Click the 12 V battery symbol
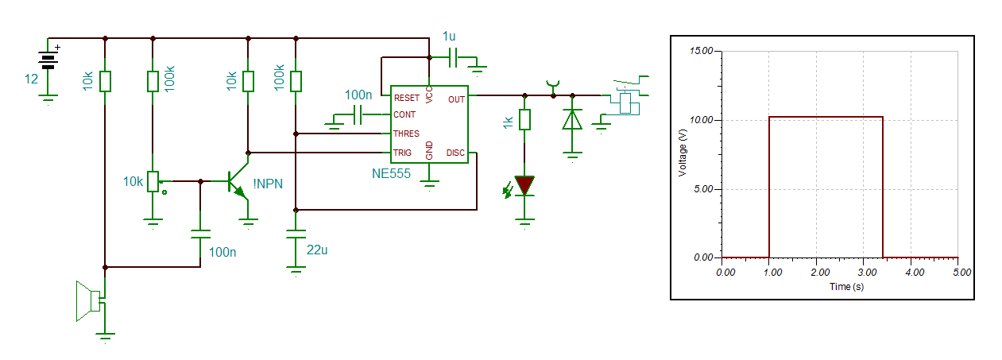[x=48, y=60]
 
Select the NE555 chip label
[x=391, y=173]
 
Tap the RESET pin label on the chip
[x=407, y=98]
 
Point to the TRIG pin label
[x=402, y=153]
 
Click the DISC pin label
[x=455, y=153]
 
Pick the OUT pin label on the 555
[x=456, y=99]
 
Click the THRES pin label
[x=406, y=134]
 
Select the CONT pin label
[x=404, y=114]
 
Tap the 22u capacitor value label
[x=317, y=250]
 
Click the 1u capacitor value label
[x=449, y=37]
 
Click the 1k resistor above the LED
[x=524, y=119]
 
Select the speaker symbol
[x=89, y=301]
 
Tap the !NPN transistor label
[x=268, y=184]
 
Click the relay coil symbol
[x=625, y=103]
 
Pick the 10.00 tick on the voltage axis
[x=701, y=120]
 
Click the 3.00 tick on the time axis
[x=867, y=273]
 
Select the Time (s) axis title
[x=846, y=287]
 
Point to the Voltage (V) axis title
[x=682, y=153]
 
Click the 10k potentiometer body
[x=153, y=181]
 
